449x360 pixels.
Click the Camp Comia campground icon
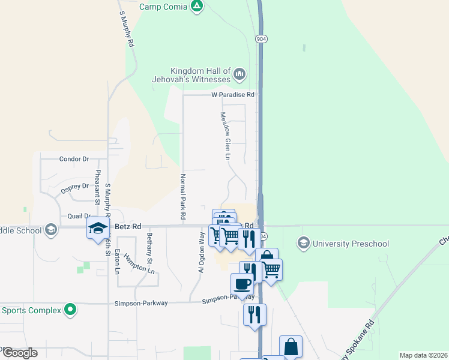point(196,7)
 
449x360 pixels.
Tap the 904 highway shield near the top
point(261,38)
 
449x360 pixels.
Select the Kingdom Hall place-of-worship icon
point(240,74)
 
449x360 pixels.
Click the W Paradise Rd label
point(233,95)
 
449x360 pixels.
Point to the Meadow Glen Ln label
point(225,136)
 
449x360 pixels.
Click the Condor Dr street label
point(74,159)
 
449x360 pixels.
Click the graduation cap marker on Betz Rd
point(98,228)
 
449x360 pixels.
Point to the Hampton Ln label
point(139,263)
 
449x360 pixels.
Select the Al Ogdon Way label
point(202,252)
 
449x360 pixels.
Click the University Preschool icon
point(303,243)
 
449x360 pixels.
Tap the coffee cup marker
point(241,284)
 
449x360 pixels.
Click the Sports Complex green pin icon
point(71,310)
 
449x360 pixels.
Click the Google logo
point(19,353)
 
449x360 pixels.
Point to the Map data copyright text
point(423,355)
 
